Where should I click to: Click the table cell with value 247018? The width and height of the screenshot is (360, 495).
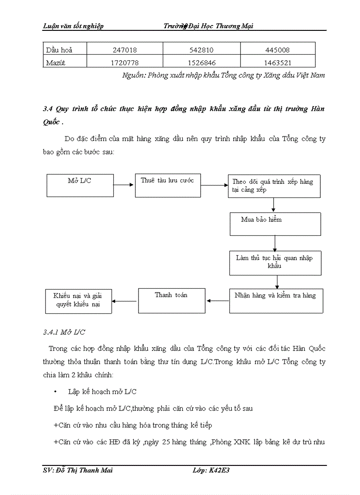(124, 50)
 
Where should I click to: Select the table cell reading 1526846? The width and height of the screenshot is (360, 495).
(202, 63)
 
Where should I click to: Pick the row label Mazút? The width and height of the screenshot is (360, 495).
(56, 63)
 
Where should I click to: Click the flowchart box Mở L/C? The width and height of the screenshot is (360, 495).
(80, 185)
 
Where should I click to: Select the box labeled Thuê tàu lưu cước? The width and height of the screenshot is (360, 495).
(167, 185)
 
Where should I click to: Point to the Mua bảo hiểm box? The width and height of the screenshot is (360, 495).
(275, 224)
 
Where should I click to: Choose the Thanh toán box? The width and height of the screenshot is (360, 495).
(171, 301)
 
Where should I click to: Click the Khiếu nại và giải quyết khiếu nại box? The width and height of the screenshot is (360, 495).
(79, 301)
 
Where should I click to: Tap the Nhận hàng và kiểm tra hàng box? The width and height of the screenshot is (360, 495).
(276, 301)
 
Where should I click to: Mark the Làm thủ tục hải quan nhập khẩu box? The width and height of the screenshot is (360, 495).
(275, 263)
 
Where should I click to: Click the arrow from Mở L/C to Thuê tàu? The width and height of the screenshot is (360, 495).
(124, 185)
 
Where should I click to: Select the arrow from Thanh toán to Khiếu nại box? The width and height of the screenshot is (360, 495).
(125, 301)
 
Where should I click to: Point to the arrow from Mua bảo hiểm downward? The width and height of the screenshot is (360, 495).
(275, 243)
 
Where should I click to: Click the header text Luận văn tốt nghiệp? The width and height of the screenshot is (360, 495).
(73, 26)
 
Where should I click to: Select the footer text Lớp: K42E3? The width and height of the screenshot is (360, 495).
(211, 470)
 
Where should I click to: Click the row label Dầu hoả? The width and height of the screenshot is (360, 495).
(59, 50)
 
